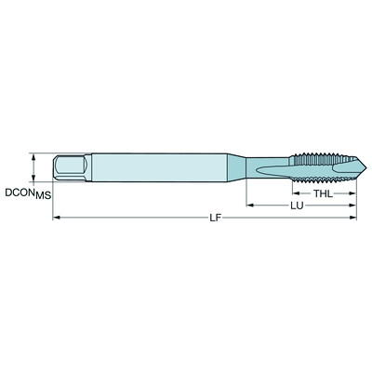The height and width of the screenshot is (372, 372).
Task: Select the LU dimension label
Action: tap(297, 206)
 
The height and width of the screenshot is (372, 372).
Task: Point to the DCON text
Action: tap(20, 193)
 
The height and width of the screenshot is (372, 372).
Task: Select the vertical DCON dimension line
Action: tap(34, 168)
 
